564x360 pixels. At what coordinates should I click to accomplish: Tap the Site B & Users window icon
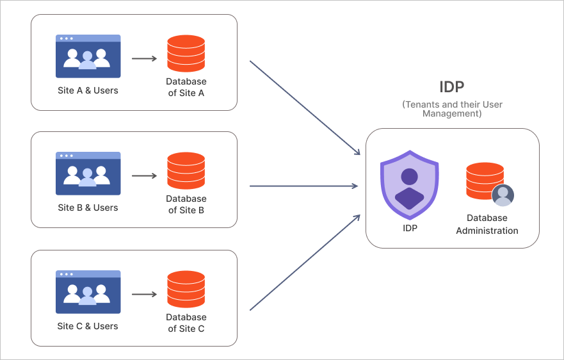[x=88, y=174]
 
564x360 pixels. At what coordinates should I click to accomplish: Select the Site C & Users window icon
[x=88, y=291]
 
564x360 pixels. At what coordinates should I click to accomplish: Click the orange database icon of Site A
[x=186, y=54]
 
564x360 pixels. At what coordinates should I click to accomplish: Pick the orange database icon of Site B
[x=186, y=171]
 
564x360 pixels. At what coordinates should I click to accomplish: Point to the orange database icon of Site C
[x=186, y=290]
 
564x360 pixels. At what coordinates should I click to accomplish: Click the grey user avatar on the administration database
[x=503, y=195]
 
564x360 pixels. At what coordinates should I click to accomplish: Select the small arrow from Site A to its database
[x=144, y=59]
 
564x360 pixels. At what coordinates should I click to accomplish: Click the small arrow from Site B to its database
[x=144, y=176]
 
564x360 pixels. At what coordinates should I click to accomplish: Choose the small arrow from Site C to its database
[x=144, y=295]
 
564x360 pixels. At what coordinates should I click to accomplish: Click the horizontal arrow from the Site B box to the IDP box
[x=303, y=186]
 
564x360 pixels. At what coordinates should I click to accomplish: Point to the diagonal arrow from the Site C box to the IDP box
[x=303, y=263]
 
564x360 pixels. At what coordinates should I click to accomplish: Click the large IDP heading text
[x=451, y=87]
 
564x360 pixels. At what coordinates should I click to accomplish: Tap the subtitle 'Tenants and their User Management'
[x=452, y=109]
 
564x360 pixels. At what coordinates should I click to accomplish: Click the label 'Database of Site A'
[x=186, y=87]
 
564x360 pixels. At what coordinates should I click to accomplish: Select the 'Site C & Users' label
[x=88, y=326]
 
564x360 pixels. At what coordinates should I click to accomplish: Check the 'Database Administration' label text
[x=487, y=224]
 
